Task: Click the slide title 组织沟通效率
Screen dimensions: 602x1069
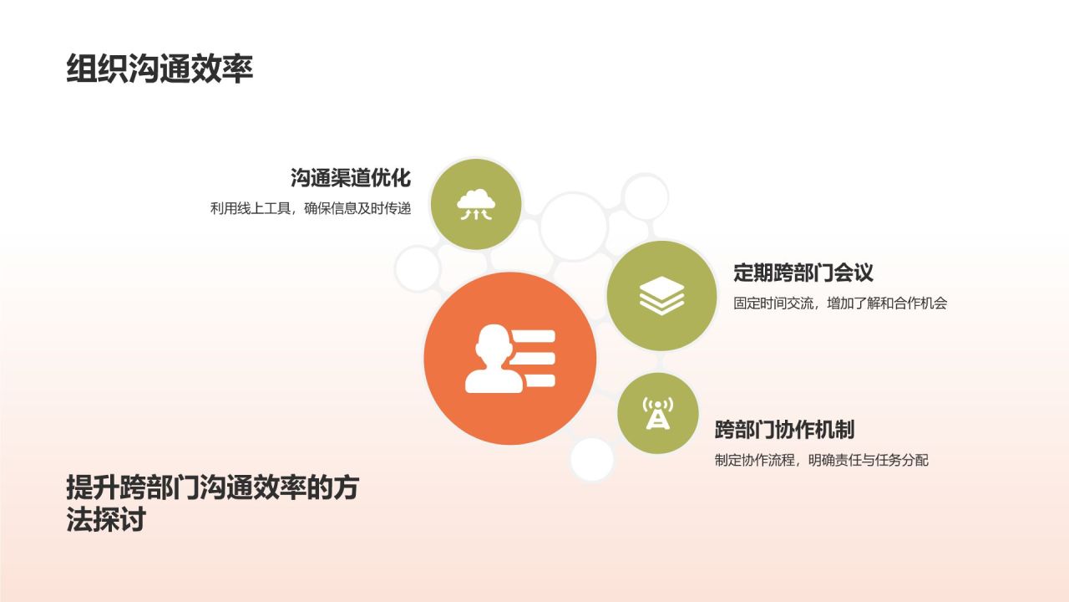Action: point(160,69)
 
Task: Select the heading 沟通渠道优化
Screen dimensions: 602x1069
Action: point(351,178)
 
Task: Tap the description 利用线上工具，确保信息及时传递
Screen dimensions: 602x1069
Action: point(311,208)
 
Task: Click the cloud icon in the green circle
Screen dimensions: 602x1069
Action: point(475,204)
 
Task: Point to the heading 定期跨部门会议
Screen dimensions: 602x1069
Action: point(803,273)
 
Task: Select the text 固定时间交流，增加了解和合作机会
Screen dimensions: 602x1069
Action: point(840,304)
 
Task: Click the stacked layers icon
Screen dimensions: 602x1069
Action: point(661,295)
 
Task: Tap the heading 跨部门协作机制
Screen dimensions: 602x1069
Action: point(784,430)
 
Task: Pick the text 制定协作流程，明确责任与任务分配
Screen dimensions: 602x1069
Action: point(821,460)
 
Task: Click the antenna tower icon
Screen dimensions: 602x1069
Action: point(657,413)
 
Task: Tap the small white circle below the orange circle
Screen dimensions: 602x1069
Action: point(592,460)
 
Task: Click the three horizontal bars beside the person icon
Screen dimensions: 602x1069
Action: point(534,359)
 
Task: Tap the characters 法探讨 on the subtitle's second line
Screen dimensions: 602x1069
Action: point(106,520)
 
